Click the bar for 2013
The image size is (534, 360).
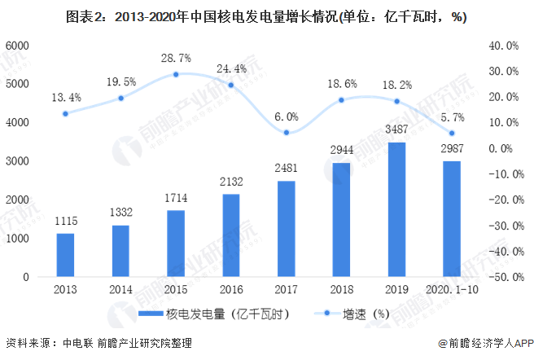pyautogui.click(x=65, y=255)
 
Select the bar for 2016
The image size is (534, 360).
pyautogui.click(x=231, y=235)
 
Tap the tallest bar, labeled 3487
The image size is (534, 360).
pyautogui.click(x=396, y=209)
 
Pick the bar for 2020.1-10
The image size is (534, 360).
pyautogui.click(x=452, y=219)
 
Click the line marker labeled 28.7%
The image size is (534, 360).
pyautogui.click(x=176, y=74)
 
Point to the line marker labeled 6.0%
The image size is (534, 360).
pyautogui.click(x=287, y=133)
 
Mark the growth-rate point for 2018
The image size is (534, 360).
pyautogui.click(x=341, y=100)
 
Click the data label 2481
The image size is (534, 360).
pyautogui.click(x=287, y=169)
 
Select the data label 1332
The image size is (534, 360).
pyautogui.click(x=120, y=213)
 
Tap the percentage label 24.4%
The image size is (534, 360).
pyautogui.click(x=230, y=68)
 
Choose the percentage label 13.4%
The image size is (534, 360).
pyautogui.click(x=64, y=97)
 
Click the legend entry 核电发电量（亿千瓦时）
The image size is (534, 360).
pyautogui.click(x=213, y=313)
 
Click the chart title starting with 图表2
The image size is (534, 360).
pyautogui.click(x=266, y=16)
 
